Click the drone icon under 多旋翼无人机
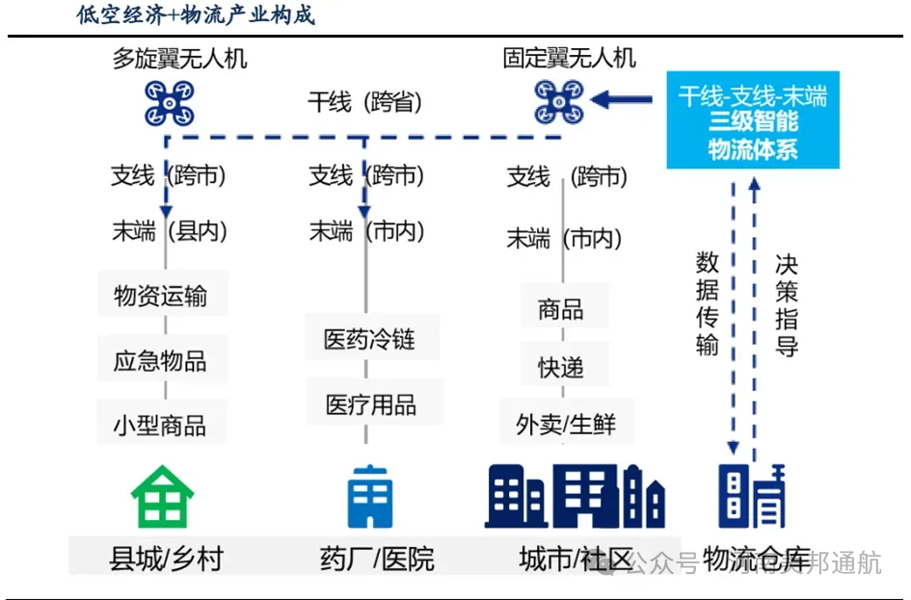pyautogui.click(x=169, y=103)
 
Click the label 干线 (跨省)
pyautogui.click(x=365, y=102)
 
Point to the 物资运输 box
pyautogui.click(x=161, y=296)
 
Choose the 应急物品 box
pyautogui.click(x=161, y=361)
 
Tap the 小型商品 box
pyautogui.click(x=161, y=425)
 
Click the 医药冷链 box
pyautogui.click(x=368, y=339)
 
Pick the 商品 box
pyautogui.click(x=561, y=309)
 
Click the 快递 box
pyautogui.click(x=561, y=367)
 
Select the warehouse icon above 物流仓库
pyautogui.click(x=752, y=496)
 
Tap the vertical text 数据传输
pyautogui.click(x=708, y=304)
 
